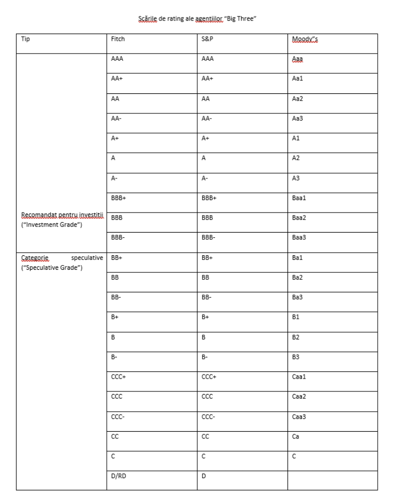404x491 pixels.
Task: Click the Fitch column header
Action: pos(118,39)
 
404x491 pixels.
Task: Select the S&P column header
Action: pos(207,39)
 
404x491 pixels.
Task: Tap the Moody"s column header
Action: pos(305,39)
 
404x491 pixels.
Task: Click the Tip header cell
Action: pos(26,39)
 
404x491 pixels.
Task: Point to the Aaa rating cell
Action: pos(297,59)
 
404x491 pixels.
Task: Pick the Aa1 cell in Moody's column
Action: pos(298,78)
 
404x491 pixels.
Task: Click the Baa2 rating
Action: pos(299,218)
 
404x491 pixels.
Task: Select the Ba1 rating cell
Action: pos(297,257)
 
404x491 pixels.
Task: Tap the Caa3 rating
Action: pos(299,416)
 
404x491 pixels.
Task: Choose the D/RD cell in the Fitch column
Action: pos(119,476)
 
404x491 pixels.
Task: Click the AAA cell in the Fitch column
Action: pos(117,59)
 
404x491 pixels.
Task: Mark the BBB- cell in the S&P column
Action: pos(209,237)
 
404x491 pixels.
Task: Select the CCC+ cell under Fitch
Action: pos(119,377)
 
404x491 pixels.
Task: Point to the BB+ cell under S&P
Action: pos(208,257)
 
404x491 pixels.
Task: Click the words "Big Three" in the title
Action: pos(242,19)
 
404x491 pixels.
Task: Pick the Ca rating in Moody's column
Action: pos(295,436)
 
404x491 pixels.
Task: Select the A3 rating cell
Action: pos(296,178)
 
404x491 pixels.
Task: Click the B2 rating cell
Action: pos(296,337)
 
